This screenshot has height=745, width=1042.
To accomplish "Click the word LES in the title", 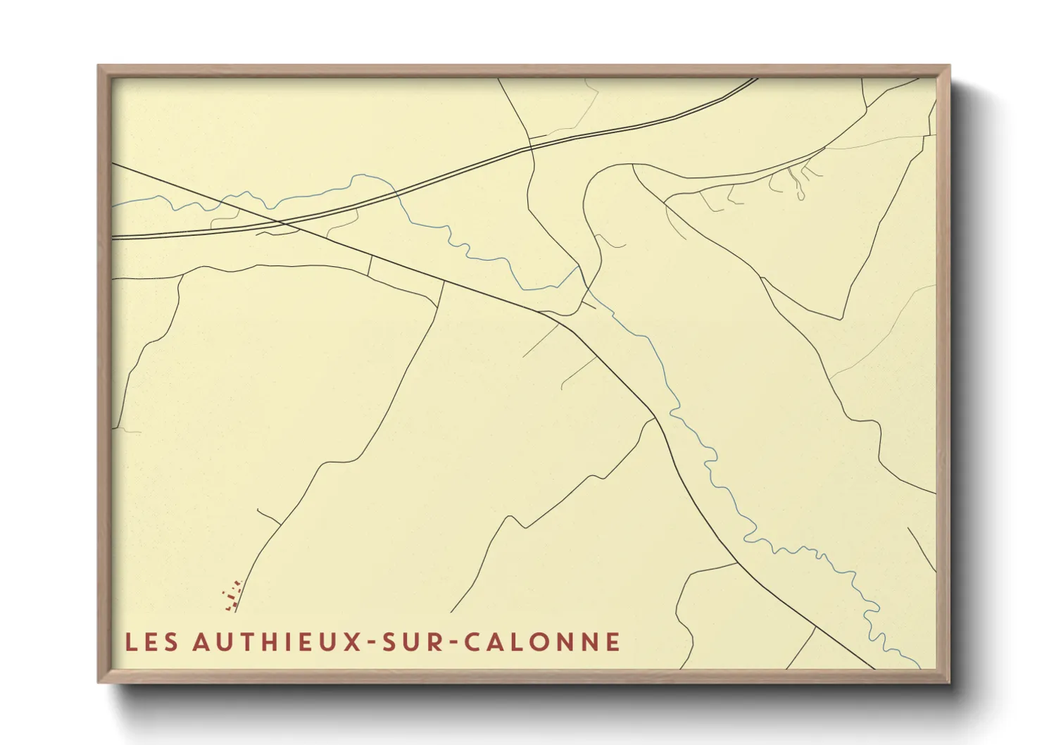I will [151, 642].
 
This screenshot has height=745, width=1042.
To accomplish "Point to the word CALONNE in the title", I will [542, 642].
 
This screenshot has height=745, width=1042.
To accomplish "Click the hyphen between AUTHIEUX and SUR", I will [372, 643].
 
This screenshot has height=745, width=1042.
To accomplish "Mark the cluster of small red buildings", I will [232, 596].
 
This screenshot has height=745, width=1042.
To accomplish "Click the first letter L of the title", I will [131, 642].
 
